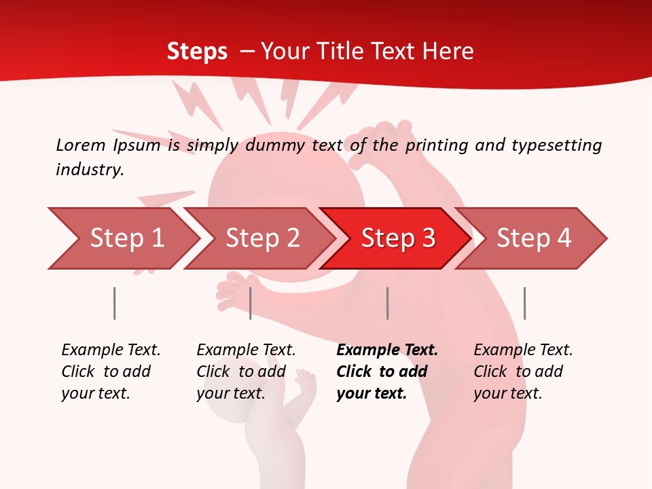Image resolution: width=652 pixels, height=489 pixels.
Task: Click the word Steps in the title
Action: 197,52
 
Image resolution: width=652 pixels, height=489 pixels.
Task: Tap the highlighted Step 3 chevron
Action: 397,238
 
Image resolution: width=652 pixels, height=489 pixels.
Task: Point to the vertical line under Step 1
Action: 115,303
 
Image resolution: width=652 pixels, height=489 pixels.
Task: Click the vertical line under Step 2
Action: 251,303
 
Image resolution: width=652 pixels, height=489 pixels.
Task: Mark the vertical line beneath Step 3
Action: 388,303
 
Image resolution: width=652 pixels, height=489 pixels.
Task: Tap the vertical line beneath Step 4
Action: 524,303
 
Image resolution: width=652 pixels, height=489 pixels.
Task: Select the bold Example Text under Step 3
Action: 387,350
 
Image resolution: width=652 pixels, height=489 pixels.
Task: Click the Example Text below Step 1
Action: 111,350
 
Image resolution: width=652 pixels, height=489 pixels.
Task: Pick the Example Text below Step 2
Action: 246,350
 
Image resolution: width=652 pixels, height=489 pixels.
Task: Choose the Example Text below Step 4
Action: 523,350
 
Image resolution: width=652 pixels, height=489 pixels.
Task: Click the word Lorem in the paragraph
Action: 81,145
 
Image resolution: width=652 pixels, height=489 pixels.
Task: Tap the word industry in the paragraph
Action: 89,170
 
